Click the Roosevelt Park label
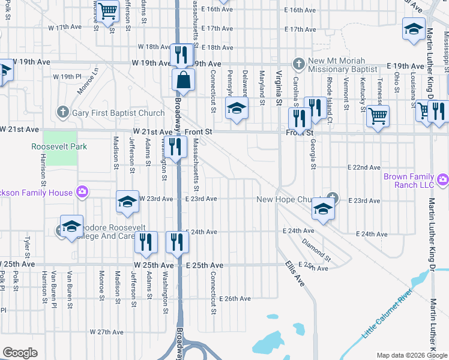pyautogui.click(x=59, y=146)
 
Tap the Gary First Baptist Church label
pyautogui.click(x=118, y=113)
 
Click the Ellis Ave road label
pyautogui.click(x=295, y=275)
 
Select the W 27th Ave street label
pyautogui.click(x=107, y=332)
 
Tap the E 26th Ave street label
pyautogui.click(x=235, y=298)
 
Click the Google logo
pyautogui.click(x=20, y=353)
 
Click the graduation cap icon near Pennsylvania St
pyautogui.click(x=237, y=108)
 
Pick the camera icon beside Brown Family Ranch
pyautogui.click(x=443, y=179)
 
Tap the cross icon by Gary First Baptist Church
pyautogui.click(x=62, y=112)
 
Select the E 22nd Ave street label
pyautogui.click(x=366, y=167)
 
